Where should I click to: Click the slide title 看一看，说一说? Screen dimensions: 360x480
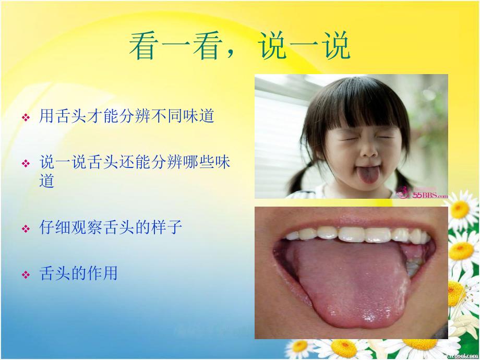pos(239,47)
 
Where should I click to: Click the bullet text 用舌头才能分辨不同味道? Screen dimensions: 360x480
pos(127,116)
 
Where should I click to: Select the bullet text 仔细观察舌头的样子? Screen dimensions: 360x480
pos(111,228)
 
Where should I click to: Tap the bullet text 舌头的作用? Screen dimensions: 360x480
pos(78,273)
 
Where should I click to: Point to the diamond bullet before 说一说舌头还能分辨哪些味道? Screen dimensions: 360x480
pos(25,164)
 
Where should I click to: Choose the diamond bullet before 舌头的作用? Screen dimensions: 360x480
pos(25,274)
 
